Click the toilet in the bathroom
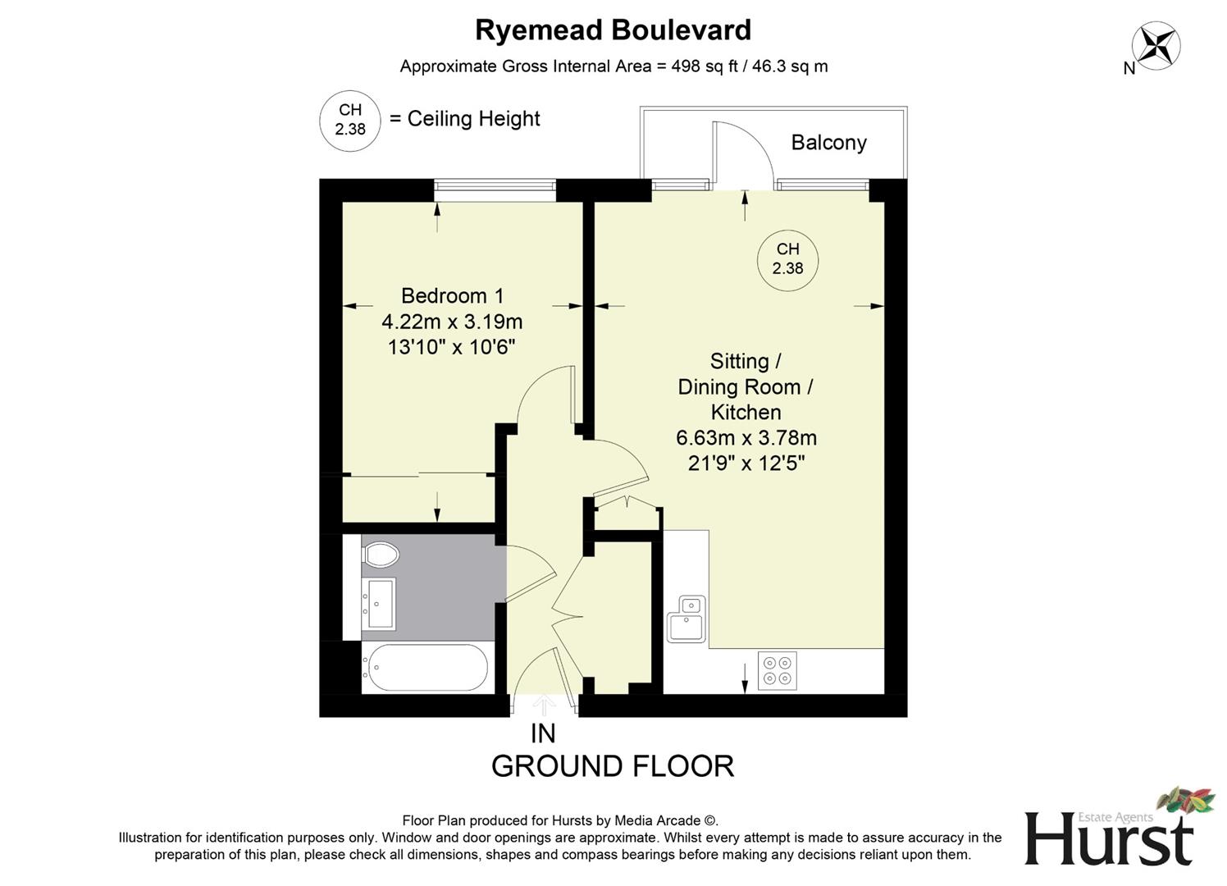380,555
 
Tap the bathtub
425,667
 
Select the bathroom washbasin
380,603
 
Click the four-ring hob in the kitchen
777,669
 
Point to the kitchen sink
686,619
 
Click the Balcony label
828,143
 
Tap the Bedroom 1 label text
452,295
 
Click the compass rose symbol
1156,44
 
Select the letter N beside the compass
1129,69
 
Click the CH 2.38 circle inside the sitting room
787,258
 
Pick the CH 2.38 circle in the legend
350,120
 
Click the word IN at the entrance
543,733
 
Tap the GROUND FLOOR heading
613,766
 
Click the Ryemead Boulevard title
613,30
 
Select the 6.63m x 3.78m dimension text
746,438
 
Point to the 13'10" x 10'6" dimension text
451,347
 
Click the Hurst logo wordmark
1108,838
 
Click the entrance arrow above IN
543,705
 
